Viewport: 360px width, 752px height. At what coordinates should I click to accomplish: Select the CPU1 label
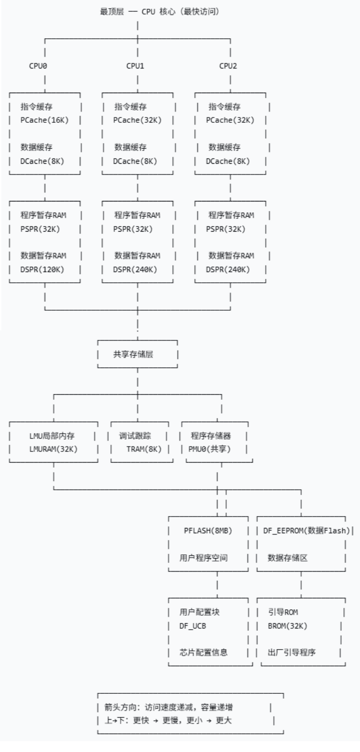[137, 66]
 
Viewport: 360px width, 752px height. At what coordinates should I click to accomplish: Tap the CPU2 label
[230, 66]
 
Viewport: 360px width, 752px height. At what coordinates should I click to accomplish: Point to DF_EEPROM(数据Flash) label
[305, 531]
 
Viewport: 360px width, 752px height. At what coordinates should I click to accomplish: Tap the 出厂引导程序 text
[292, 652]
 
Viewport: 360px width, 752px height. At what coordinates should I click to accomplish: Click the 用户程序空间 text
[204, 558]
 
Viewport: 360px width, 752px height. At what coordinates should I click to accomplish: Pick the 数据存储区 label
[288, 558]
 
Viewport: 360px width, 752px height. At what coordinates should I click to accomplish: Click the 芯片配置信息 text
[204, 652]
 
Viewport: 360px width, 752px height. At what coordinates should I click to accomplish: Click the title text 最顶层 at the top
[112, 11]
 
